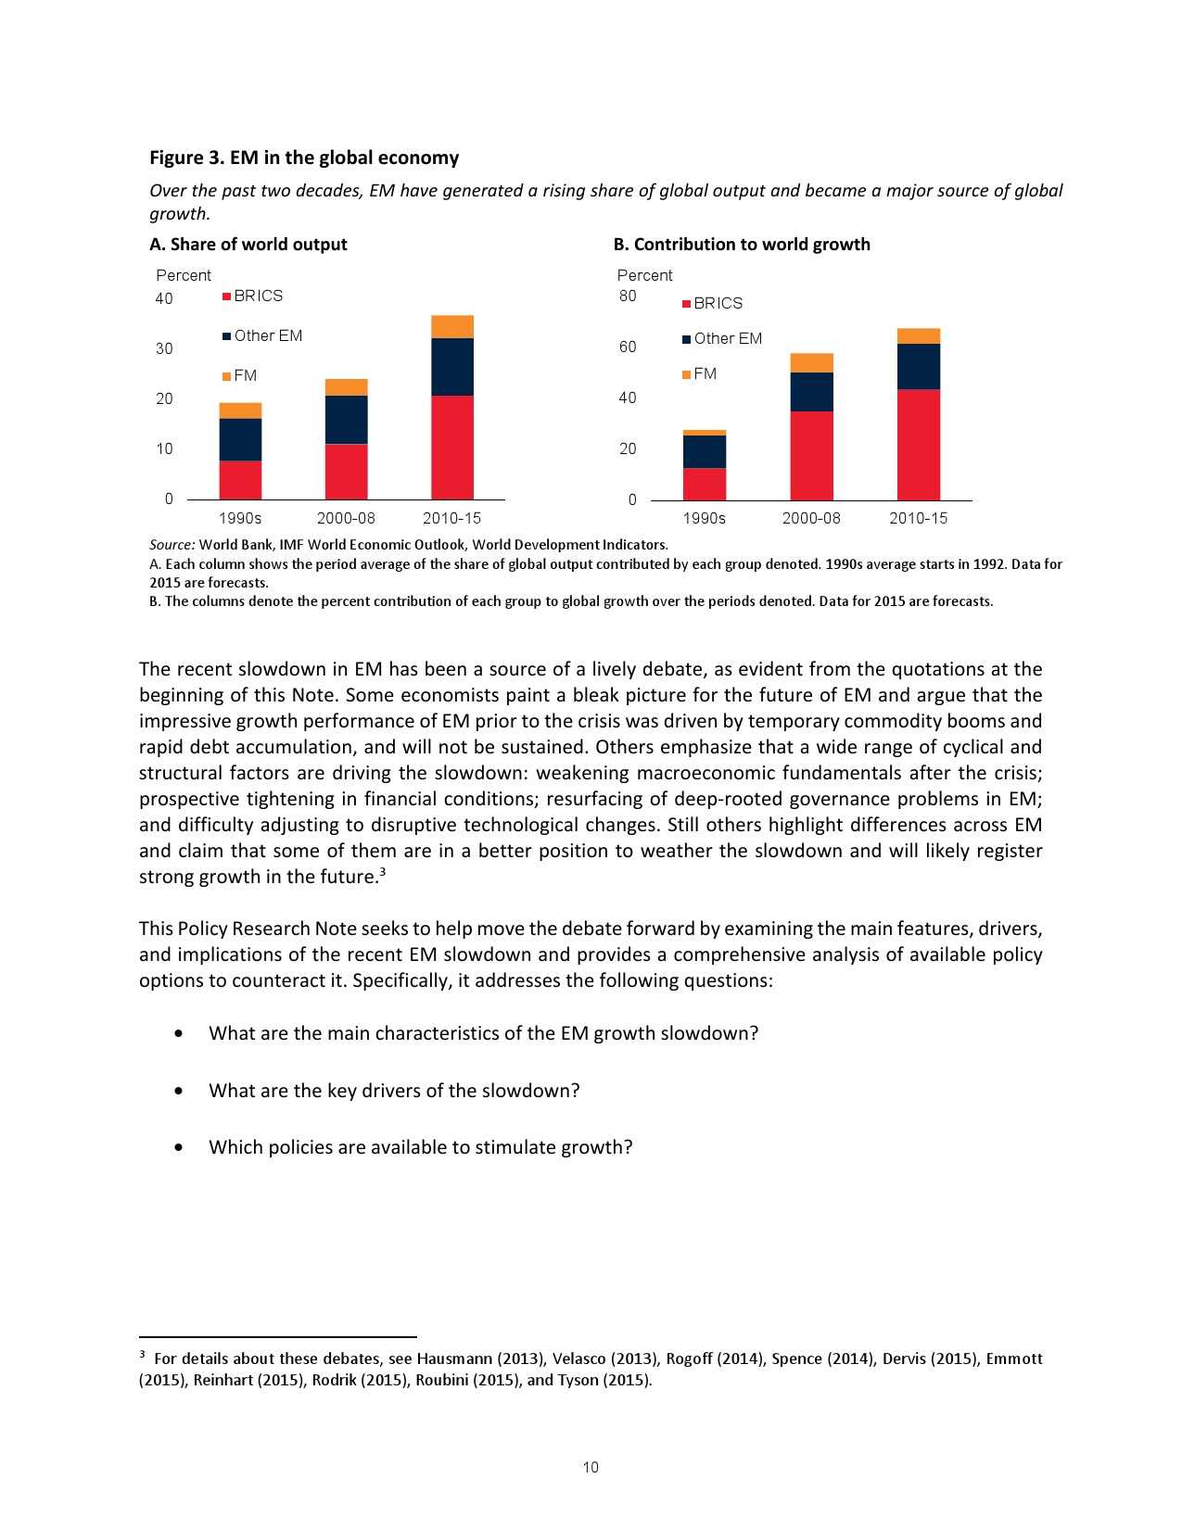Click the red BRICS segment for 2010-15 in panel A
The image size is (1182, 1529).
pos(452,448)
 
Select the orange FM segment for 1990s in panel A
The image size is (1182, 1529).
pos(240,411)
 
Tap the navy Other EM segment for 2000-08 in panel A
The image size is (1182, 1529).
pos(346,420)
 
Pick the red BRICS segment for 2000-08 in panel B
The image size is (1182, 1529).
pos(811,456)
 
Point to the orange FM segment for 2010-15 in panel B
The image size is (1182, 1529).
pos(918,336)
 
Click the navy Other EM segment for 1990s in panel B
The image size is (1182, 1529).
pos(705,451)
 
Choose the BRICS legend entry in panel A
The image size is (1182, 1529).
pos(253,297)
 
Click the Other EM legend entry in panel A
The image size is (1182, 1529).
pos(262,336)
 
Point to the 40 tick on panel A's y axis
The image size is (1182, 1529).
pos(164,298)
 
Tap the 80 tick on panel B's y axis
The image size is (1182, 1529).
pos(628,297)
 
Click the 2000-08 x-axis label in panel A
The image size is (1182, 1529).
pos(346,518)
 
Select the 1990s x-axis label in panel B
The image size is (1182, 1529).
pos(705,518)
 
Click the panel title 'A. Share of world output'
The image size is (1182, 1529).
pos(248,245)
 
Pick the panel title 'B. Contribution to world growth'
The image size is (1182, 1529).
pos(742,245)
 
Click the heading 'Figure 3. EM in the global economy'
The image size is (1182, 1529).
pos(304,158)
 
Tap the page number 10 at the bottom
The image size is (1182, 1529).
pos(591,1467)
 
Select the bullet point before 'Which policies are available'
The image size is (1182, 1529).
pos(178,1147)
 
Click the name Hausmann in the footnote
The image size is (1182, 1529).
pos(454,1358)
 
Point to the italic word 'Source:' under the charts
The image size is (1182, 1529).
pos(172,545)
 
